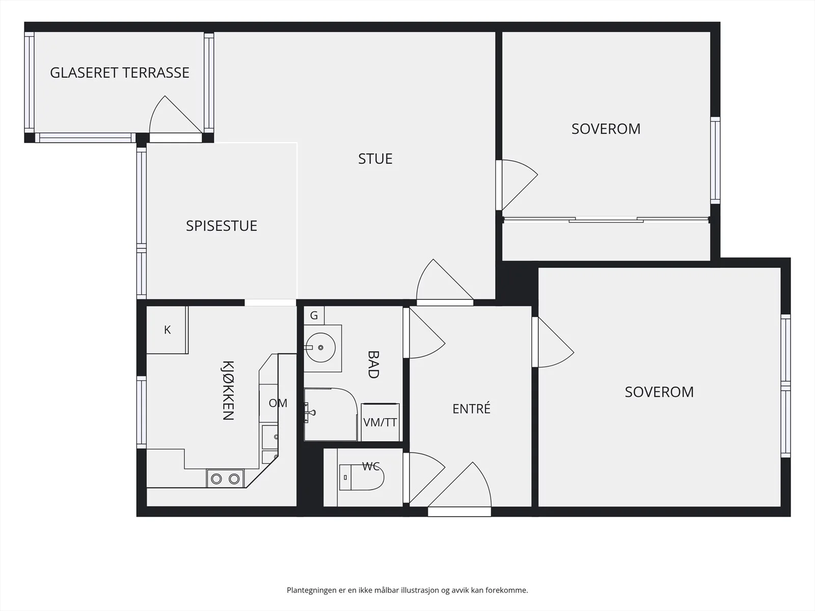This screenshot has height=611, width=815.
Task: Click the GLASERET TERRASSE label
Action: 120,73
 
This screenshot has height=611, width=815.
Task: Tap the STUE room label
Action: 375,159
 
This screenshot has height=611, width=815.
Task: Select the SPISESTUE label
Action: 221,226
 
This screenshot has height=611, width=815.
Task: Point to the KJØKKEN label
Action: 228,390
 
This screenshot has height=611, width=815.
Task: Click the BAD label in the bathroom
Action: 373,364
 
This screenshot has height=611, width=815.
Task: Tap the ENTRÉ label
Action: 471,408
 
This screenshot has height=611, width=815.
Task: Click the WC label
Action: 370,466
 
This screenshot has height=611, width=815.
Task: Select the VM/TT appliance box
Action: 380,422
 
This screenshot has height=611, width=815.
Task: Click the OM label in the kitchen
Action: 278,403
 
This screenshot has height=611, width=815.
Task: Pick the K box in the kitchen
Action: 167,330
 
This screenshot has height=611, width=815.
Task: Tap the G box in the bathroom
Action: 314,315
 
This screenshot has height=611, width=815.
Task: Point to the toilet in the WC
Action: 362,477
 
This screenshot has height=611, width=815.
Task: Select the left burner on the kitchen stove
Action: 216,479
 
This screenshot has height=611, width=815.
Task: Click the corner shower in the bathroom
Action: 331,414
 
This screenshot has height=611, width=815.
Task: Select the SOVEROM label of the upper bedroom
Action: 606,129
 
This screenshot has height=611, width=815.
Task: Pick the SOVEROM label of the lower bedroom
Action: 659,392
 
